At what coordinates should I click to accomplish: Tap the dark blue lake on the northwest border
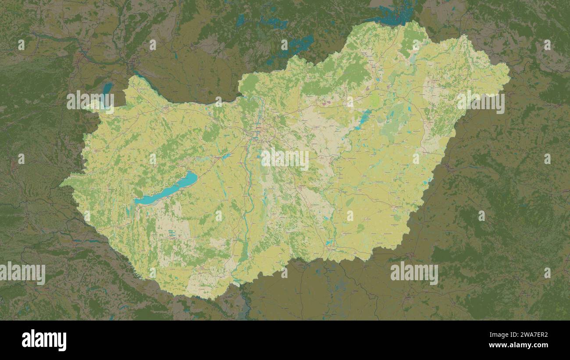107,89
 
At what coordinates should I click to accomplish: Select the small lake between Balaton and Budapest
226,156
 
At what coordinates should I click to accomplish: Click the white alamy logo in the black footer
44,340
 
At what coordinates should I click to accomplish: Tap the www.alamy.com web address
522,345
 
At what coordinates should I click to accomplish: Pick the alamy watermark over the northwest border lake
90,101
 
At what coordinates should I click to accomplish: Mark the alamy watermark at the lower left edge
23,272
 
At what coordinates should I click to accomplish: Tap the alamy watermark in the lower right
414,272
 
